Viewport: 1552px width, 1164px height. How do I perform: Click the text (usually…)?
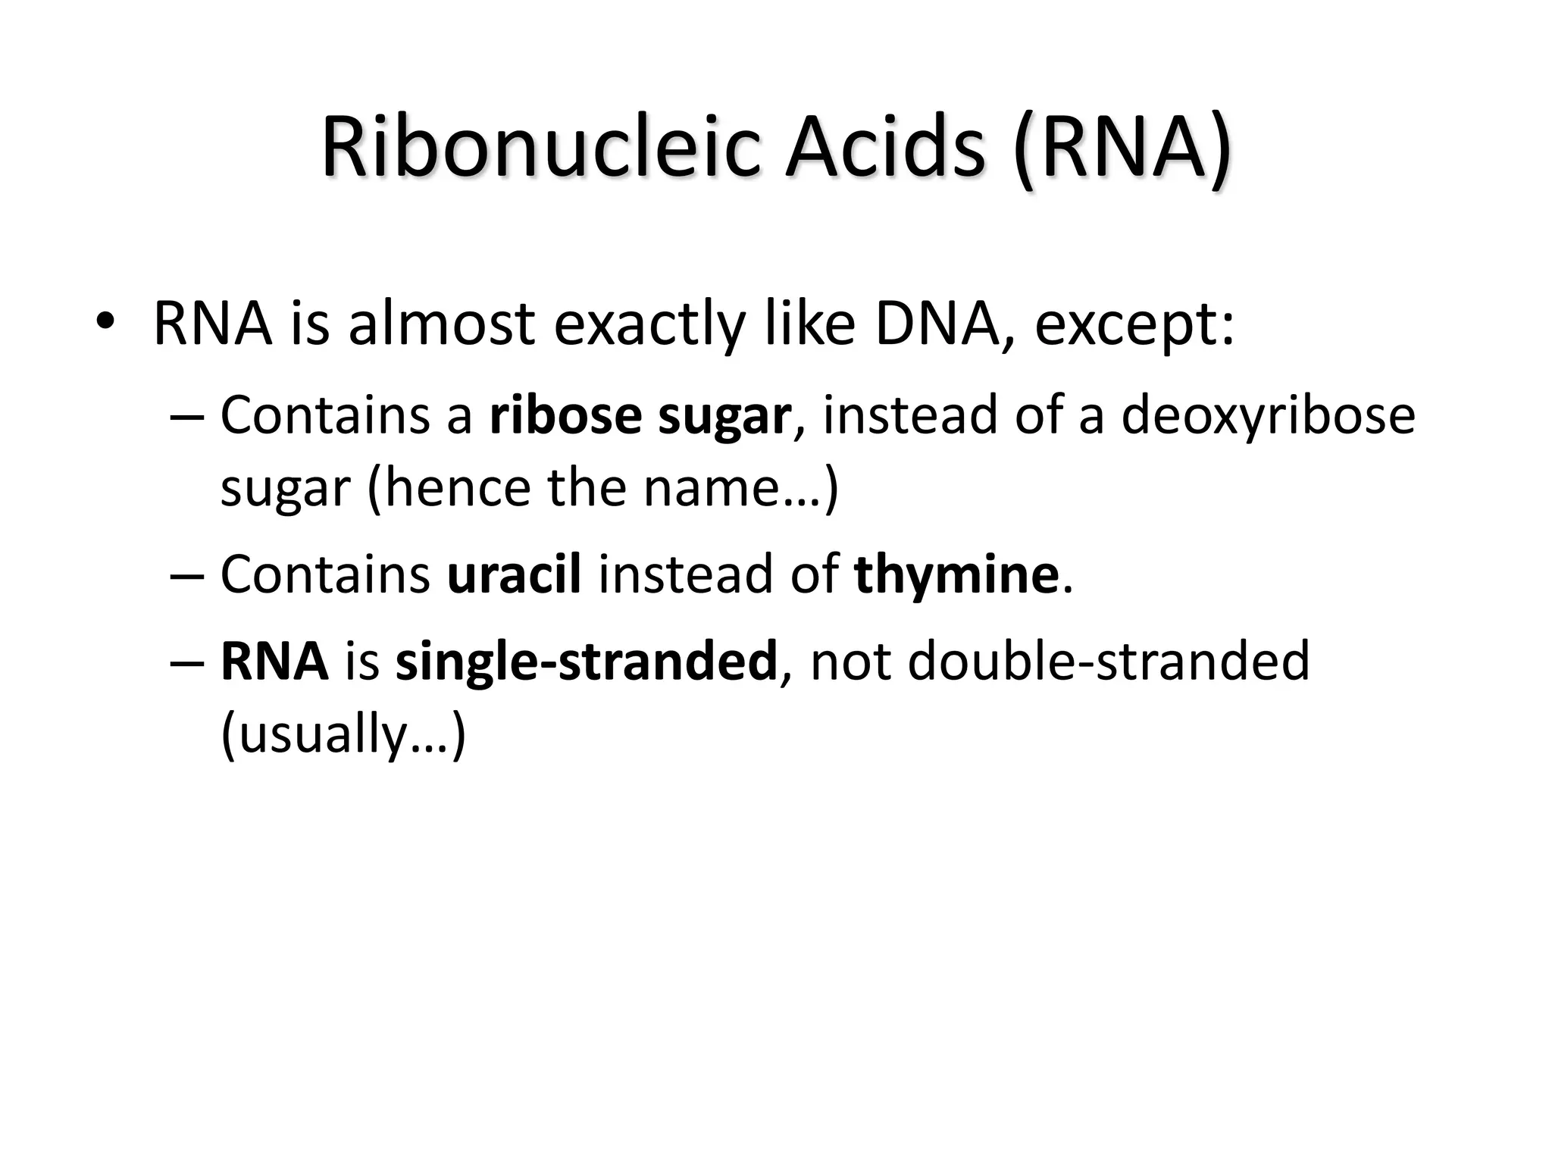[343, 734]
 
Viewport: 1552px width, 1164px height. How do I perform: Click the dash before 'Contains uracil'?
[186, 576]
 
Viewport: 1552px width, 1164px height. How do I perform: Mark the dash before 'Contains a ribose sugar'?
[186, 417]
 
